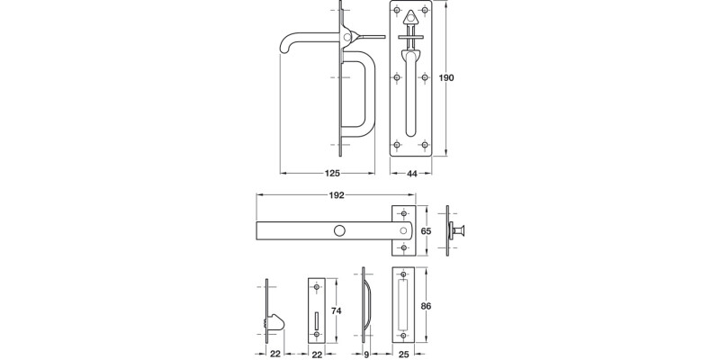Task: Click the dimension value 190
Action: point(446,78)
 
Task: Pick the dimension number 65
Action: point(427,231)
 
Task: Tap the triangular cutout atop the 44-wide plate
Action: point(411,16)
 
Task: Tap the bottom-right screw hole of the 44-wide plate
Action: point(424,144)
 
